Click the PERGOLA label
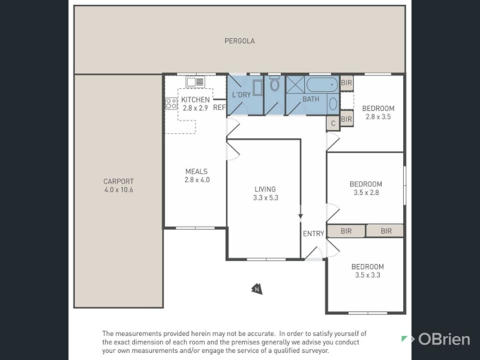(239, 41)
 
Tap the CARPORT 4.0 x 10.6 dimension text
(118, 190)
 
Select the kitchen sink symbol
(195, 82)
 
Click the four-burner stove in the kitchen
(171, 103)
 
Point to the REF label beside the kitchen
(219, 107)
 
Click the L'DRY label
(242, 95)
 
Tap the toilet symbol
(274, 83)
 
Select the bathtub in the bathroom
(322, 85)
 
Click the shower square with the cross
(295, 85)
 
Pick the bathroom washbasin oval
(333, 104)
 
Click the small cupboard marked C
(333, 124)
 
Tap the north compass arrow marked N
(257, 289)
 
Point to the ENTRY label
(313, 234)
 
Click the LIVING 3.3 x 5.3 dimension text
(266, 198)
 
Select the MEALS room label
(197, 172)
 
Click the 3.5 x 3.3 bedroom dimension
(368, 275)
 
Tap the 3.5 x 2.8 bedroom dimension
(366, 193)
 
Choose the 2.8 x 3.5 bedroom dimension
(379, 116)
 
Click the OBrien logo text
(444, 339)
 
